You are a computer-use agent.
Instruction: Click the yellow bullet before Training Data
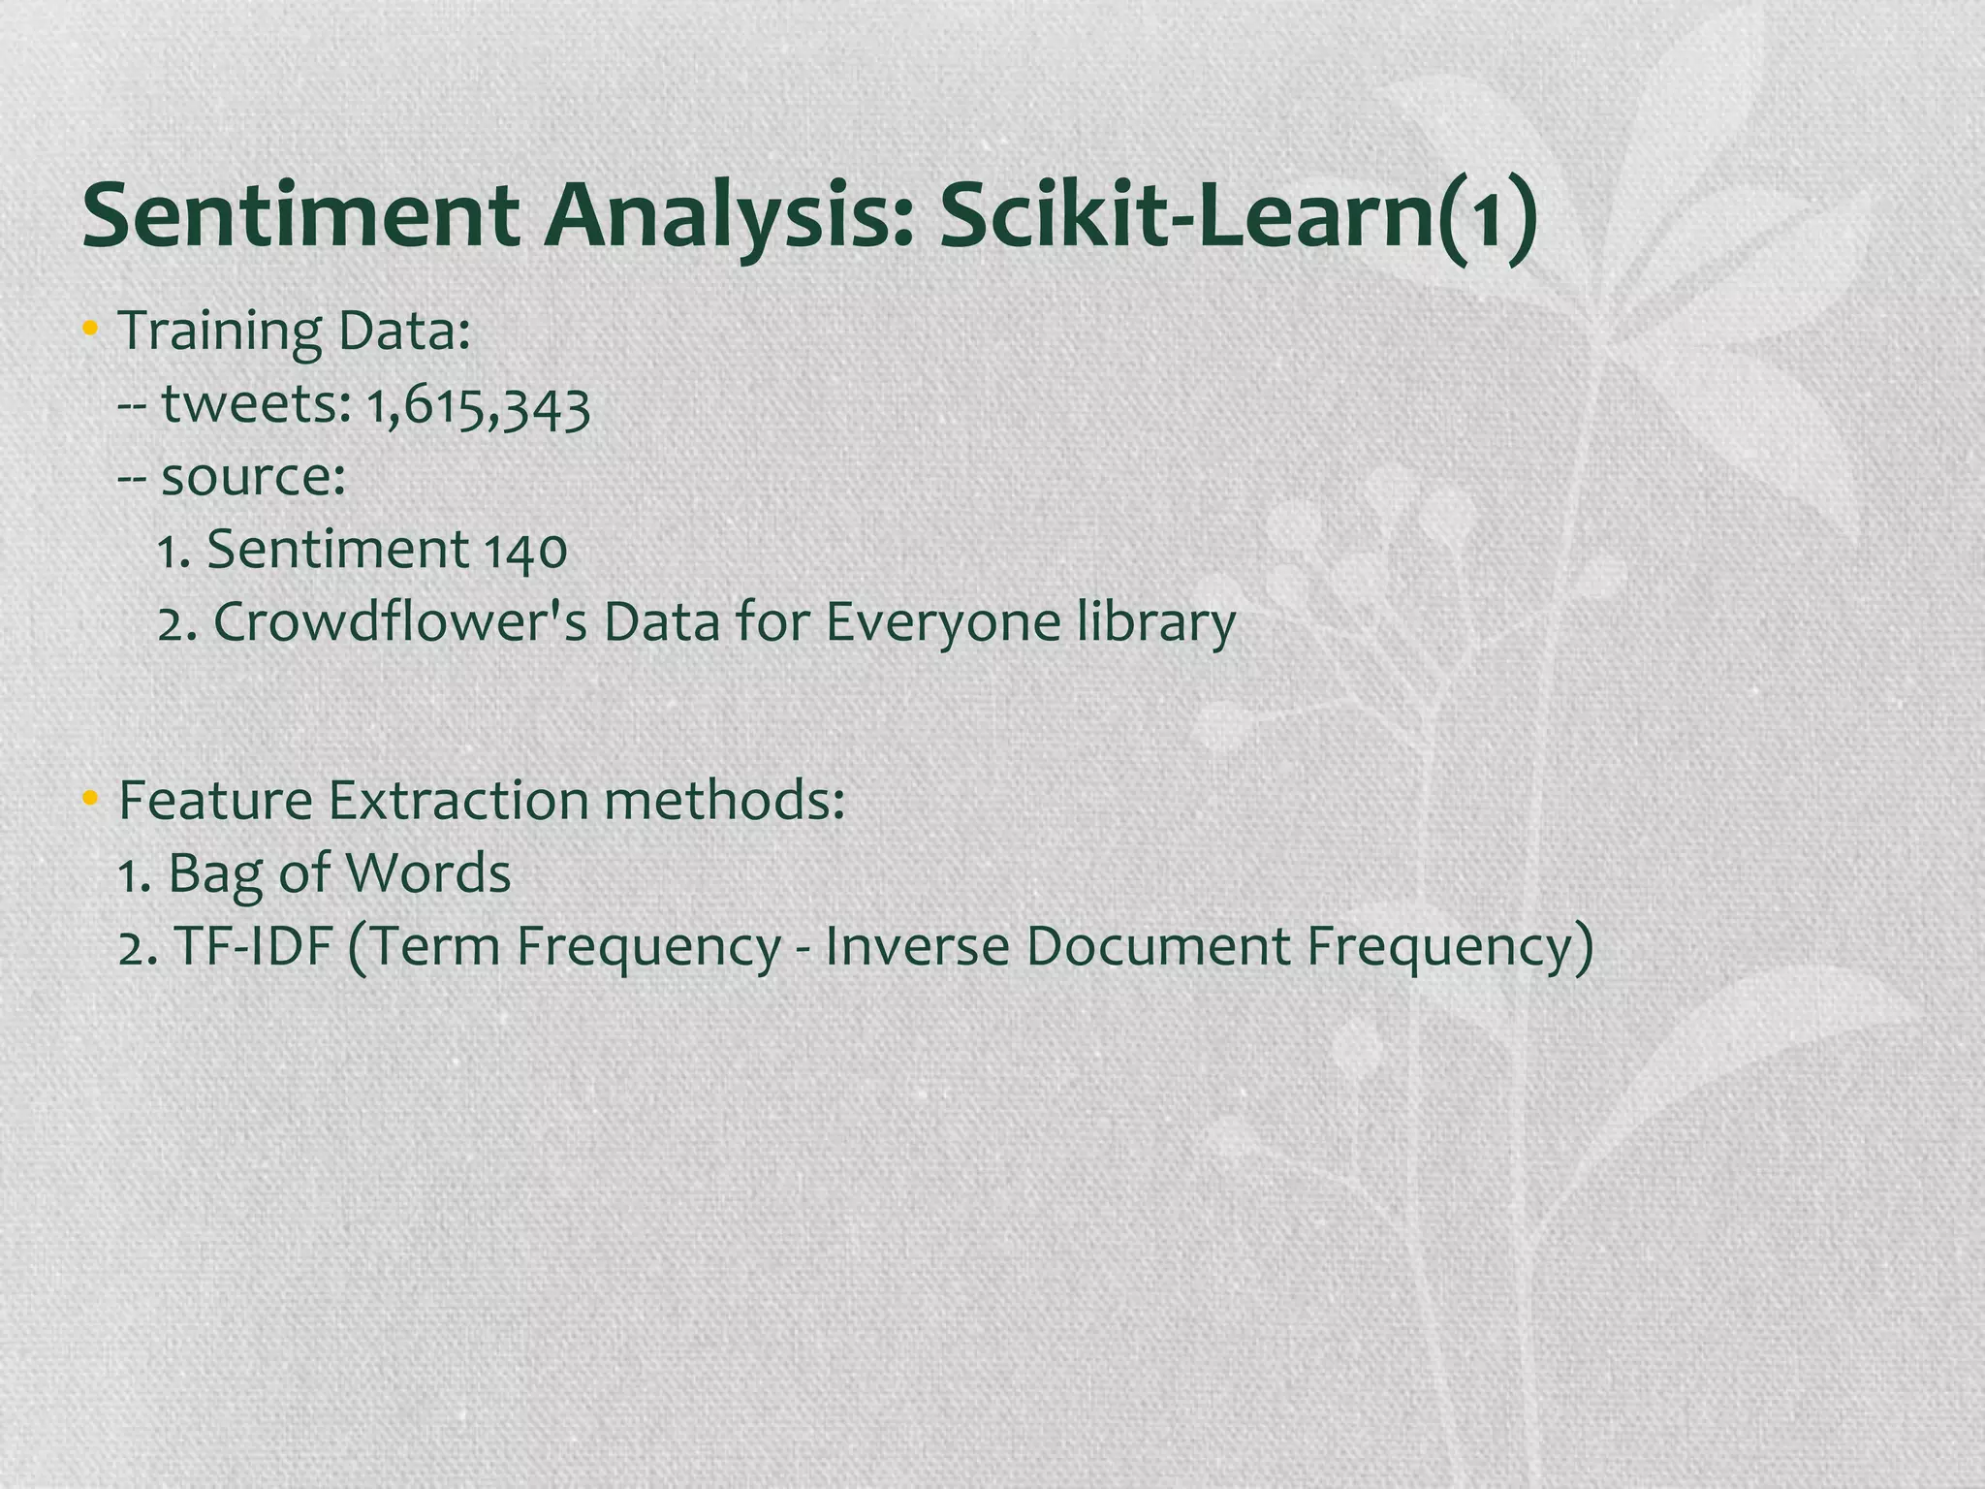[x=90, y=330]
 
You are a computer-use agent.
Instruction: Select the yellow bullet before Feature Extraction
[x=90, y=800]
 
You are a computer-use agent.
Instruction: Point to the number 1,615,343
[x=478, y=405]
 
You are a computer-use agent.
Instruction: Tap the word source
[x=253, y=477]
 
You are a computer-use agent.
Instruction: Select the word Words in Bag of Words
[x=427, y=872]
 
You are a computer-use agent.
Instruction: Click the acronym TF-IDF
[x=253, y=946]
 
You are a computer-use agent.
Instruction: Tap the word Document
[x=1158, y=946]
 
